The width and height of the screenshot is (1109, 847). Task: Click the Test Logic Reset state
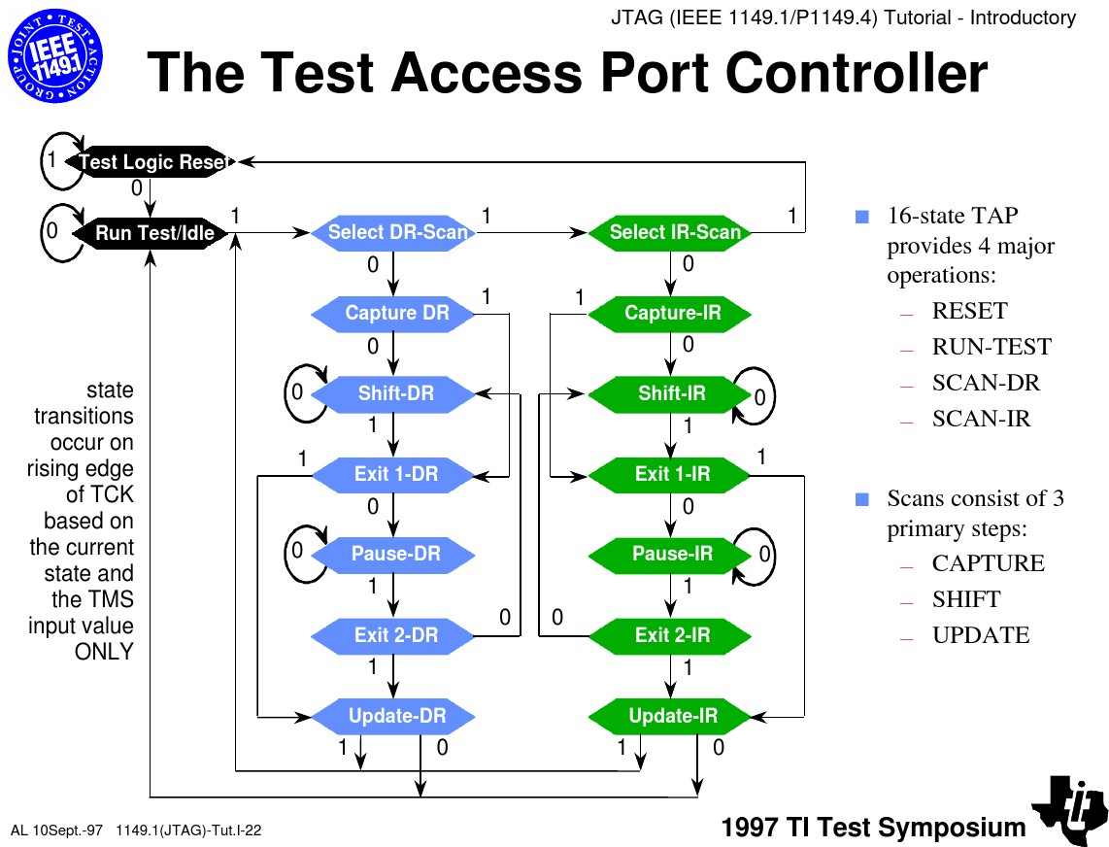(150, 162)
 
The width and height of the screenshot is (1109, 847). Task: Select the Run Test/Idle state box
(150, 233)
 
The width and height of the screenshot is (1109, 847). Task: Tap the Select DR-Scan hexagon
(393, 232)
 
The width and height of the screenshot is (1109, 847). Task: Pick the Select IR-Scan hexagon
(670, 232)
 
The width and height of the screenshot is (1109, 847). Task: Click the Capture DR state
(393, 313)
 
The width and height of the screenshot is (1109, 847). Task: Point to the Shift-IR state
(670, 393)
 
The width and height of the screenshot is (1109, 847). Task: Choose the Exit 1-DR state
(393, 474)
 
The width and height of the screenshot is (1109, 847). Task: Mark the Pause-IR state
(670, 554)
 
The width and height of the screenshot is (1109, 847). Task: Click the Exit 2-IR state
(670, 635)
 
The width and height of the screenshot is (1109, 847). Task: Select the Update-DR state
(393, 716)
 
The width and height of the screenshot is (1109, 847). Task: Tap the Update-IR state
(670, 716)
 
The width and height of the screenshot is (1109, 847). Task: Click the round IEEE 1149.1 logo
(55, 56)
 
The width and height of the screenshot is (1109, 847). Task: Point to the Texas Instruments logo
(1069, 809)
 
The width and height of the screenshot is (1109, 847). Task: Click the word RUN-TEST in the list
(991, 347)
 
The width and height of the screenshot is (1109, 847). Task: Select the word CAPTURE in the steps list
(988, 563)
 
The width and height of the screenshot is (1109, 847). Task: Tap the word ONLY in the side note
(104, 652)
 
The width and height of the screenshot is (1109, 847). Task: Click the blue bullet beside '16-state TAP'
(862, 217)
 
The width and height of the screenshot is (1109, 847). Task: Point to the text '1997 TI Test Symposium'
(873, 828)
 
